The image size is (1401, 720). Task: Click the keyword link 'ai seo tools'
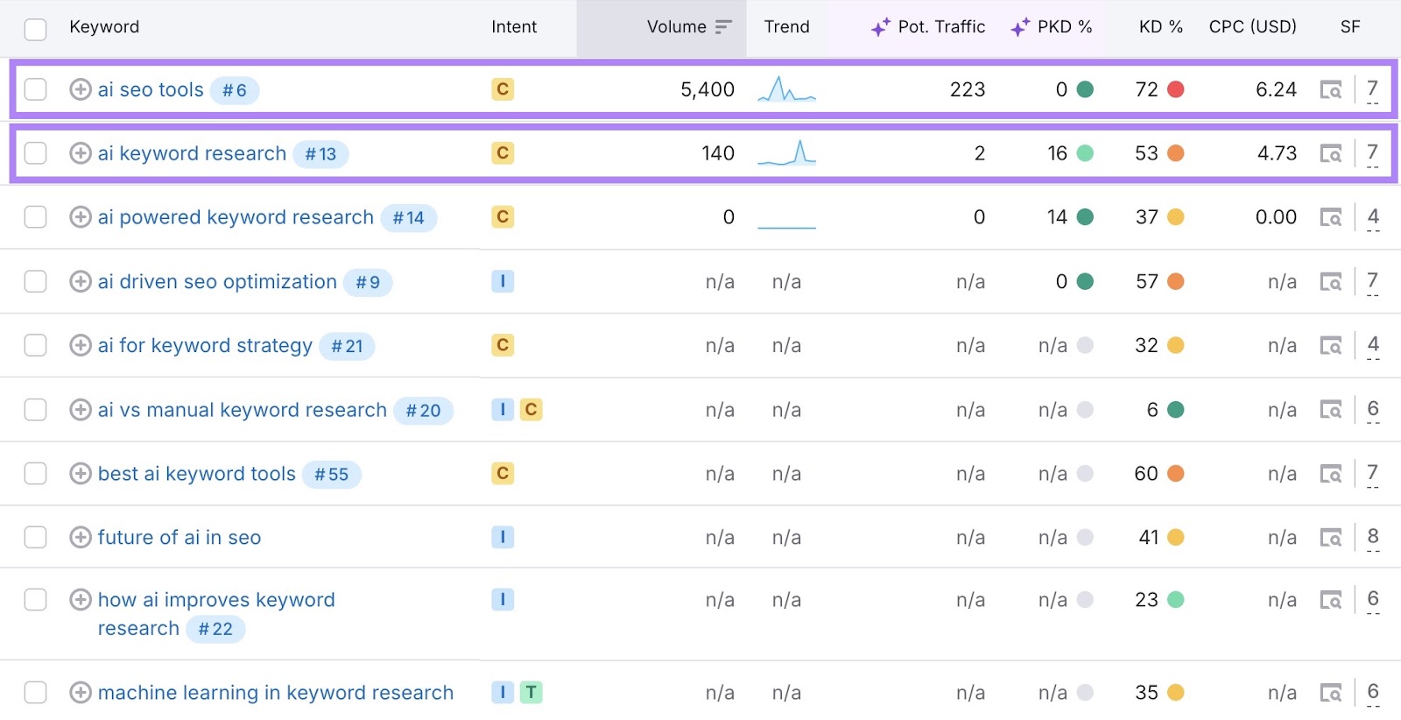[151, 89]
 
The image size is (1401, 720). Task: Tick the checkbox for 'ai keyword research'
[36, 153]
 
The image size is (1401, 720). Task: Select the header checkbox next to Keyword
[36, 29]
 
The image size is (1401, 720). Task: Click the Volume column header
[677, 27]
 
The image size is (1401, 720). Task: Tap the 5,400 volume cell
[708, 89]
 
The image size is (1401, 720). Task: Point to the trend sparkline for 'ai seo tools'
[786, 89]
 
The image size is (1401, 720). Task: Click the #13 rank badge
[320, 154]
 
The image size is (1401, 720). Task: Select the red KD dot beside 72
[1176, 89]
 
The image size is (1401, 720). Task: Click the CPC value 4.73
[1277, 153]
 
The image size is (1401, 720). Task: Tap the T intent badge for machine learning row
[531, 693]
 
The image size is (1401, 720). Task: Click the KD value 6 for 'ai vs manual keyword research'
[1152, 410]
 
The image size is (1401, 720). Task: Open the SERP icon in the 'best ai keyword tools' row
[1331, 474]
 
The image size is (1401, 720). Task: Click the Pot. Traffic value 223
[968, 89]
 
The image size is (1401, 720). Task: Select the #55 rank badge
[332, 475]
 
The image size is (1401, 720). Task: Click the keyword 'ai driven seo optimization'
[217, 282]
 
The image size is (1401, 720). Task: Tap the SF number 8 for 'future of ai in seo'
[1373, 536]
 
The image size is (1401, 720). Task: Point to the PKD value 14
[1057, 217]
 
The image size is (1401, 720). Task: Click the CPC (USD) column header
[1252, 27]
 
